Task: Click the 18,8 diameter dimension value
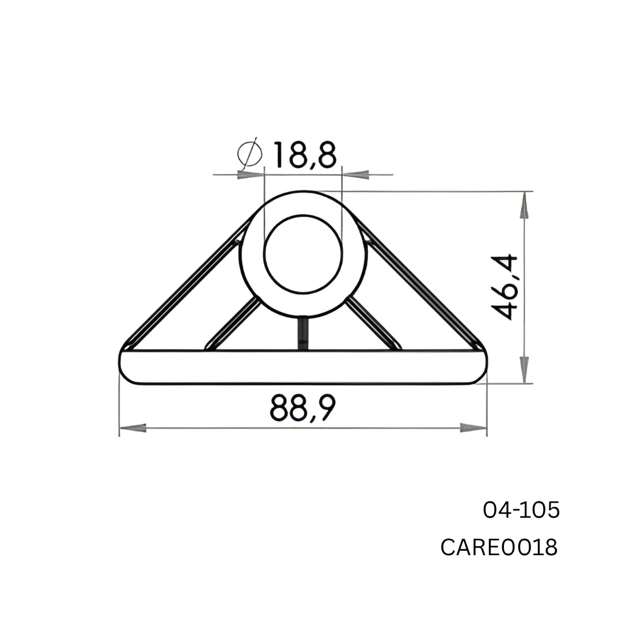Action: point(304,154)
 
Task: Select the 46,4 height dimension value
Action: point(506,287)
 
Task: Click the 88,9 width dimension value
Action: point(302,408)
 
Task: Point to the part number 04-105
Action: point(521,510)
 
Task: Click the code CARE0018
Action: point(499,547)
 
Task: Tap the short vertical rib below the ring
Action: point(302,334)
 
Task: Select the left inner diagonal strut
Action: point(234,324)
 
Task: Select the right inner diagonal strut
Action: point(373,324)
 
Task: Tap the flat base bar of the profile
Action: point(303,367)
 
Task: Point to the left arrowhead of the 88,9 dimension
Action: point(132,428)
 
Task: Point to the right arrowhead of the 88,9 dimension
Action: point(473,428)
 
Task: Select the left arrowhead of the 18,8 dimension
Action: point(251,174)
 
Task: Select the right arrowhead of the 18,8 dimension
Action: point(356,174)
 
